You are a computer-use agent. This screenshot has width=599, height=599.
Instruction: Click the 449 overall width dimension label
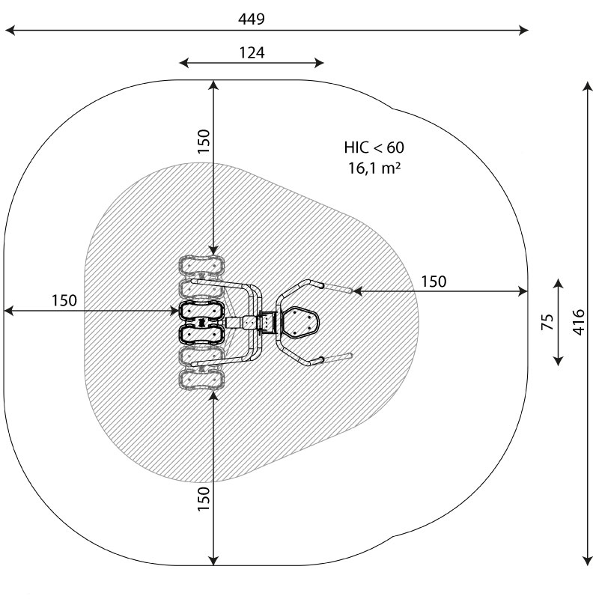251,19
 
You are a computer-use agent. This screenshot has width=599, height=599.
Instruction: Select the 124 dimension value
252,52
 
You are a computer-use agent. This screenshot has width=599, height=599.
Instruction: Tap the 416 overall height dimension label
579,323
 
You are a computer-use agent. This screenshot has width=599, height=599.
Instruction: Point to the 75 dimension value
547,322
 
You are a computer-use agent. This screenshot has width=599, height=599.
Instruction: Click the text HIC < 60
374,148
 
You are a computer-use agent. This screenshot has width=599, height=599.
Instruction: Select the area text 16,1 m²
374,168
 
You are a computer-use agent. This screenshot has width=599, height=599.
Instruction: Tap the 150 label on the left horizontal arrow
64,301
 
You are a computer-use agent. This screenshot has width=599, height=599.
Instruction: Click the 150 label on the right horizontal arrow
434,282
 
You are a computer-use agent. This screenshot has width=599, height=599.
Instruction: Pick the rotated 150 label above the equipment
204,142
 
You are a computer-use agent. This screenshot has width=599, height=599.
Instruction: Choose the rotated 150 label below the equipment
204,499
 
